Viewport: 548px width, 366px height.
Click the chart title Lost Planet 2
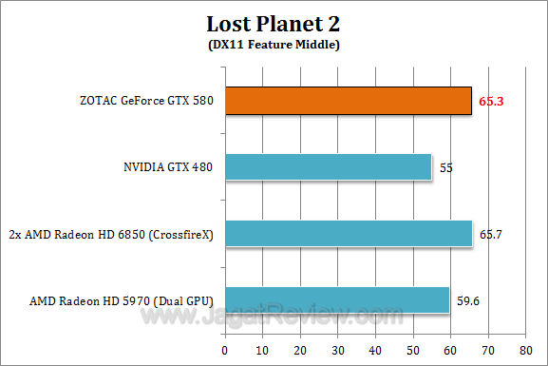tap(273, 23)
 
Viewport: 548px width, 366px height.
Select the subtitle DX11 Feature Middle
tap(273, 44)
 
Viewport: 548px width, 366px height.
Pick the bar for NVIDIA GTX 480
tap(329, 167)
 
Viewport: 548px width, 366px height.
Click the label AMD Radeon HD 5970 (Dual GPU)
tap(121, 301)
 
